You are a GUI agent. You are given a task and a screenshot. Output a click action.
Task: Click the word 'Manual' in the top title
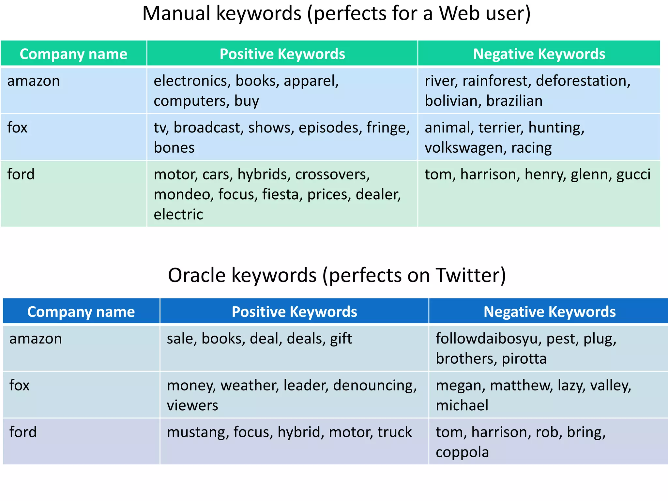coord(176,14)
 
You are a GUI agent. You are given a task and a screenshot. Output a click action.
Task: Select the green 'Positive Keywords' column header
coord(282,54)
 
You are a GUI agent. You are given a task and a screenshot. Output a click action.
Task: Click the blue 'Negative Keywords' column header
coord(549,311)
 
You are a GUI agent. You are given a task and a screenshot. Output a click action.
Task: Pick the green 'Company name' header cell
coord(73,54)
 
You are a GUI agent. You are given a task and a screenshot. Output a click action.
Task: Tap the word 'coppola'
coord(462,452)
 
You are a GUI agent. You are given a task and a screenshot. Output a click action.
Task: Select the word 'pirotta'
coord(524,359)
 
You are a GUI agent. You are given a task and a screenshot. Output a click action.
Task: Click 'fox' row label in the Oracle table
coord(20,385)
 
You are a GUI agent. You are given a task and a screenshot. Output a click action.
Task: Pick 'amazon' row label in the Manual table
coord(34,81)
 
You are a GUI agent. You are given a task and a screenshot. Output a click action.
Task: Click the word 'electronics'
coord(192,81)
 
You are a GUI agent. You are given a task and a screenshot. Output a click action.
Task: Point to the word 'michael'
coord(462,405)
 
